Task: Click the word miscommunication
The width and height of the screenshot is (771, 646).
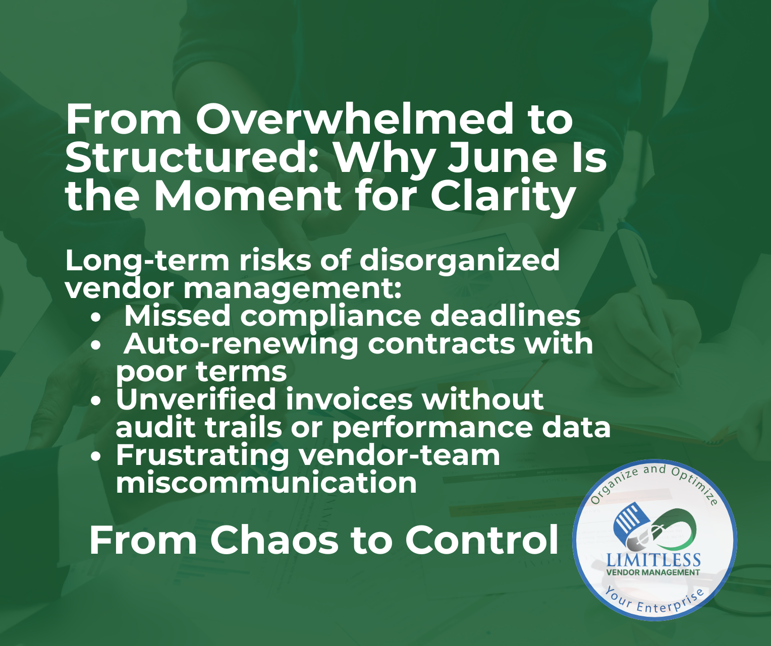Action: point(266,482)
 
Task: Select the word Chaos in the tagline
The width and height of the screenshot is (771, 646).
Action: point(274,541)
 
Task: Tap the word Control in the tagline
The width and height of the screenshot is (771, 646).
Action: point(481,541)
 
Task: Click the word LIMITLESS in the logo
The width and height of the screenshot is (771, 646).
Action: point(653,560)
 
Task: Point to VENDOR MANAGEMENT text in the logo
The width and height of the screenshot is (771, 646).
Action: point(653,572)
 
